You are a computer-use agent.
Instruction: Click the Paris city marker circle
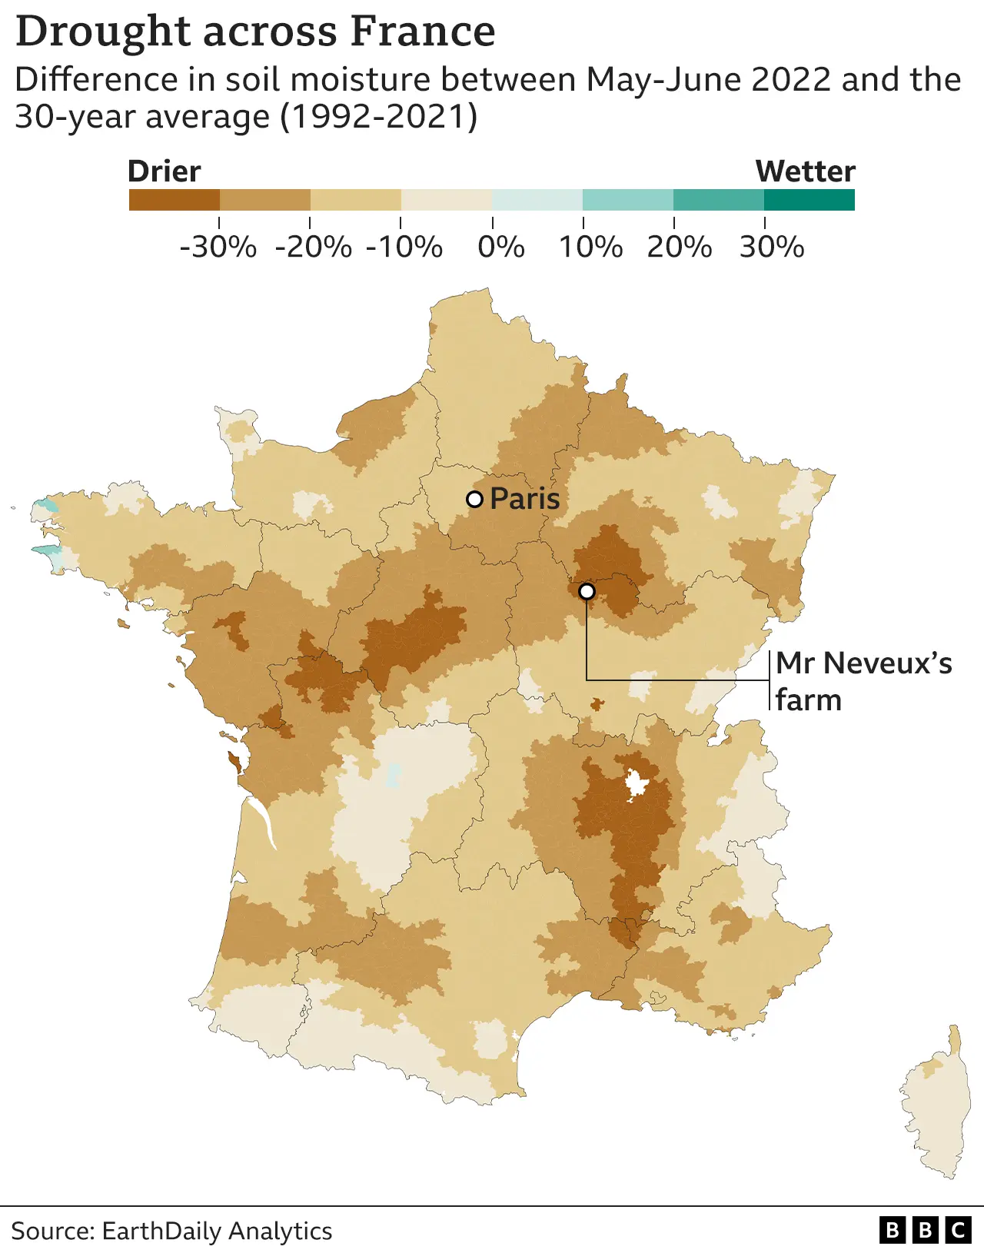(475, 499)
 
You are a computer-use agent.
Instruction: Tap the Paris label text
(525, 499)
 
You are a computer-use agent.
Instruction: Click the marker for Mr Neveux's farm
(587, 591)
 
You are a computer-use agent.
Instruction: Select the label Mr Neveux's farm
(863, 681)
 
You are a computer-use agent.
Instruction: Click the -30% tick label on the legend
(218, 248)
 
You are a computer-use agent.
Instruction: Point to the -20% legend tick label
(313, 248)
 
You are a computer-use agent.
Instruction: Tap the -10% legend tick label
(404, 248)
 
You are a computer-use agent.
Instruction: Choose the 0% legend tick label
(501, 248)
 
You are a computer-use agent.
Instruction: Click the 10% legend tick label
(590, 248)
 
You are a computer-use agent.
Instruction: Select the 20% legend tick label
(680, 248)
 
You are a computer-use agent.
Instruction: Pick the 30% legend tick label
(772, 248)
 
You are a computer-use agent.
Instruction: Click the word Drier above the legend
(165, 171)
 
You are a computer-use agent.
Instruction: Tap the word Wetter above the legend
(805, 171)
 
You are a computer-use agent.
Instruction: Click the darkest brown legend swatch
(175, 200)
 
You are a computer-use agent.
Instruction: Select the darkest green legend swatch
(809, 200)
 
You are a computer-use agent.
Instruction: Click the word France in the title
(423, 32)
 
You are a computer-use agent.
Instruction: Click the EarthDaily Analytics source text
(217, 1231)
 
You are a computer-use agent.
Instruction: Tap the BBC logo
(925, 1231)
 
